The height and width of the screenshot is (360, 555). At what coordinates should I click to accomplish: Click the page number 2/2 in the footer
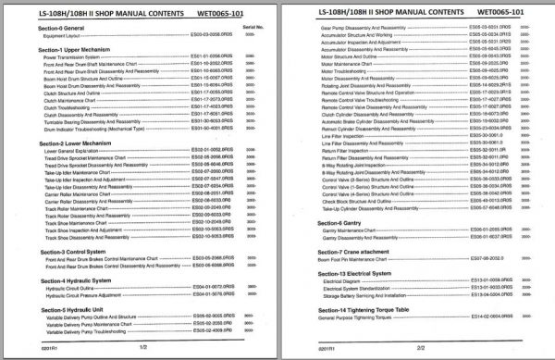coord(422,347)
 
